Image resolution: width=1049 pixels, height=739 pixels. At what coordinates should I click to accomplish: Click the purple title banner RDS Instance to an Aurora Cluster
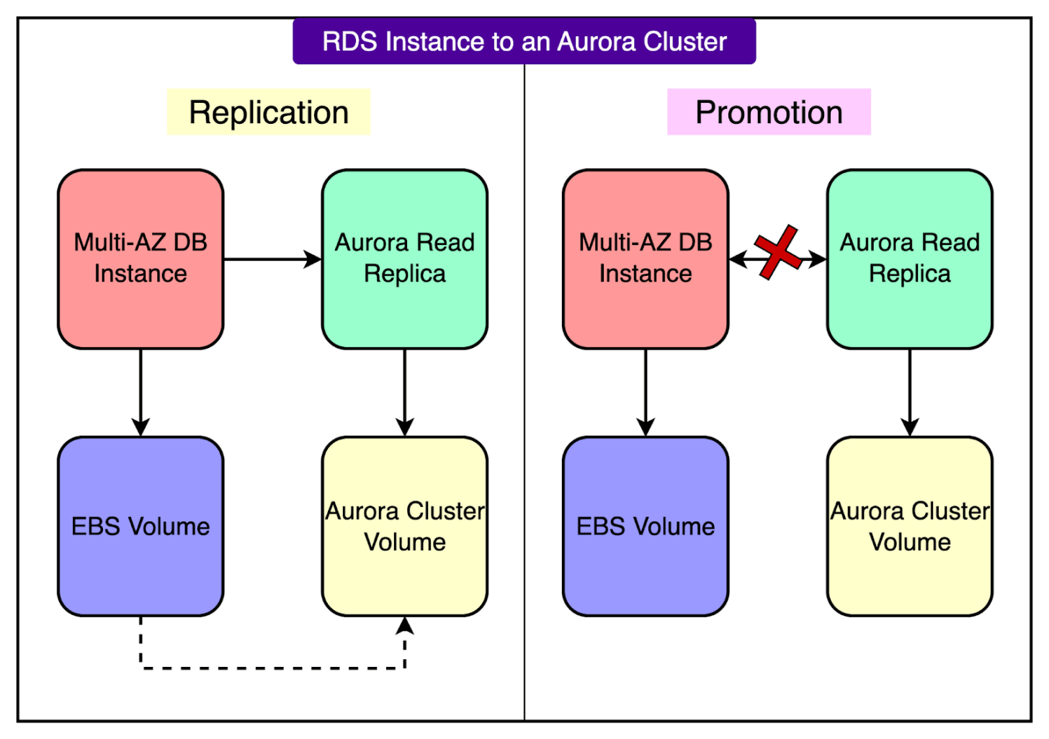(x=524, y=42)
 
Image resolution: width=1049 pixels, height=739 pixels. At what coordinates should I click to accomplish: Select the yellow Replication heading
(x=269, y=112)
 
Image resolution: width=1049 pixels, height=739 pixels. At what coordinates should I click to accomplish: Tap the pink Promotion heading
(x=769, y=112)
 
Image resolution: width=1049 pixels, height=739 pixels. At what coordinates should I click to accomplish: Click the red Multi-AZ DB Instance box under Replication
(x=140, y=259)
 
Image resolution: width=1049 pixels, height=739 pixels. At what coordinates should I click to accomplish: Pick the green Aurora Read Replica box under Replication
(x=405, y=259)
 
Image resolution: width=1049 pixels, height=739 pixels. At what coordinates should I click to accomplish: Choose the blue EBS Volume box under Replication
(x=140, y=527)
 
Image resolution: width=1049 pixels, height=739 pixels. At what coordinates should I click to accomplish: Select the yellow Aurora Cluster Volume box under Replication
(x=405, y=527)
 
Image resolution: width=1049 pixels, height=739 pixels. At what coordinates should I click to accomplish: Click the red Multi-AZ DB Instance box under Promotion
(x=646, y=259)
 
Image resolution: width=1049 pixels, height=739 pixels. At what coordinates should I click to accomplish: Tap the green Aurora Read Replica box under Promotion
(x=910, y=259)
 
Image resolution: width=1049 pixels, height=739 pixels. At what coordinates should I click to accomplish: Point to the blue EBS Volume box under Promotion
(x=646, y=527)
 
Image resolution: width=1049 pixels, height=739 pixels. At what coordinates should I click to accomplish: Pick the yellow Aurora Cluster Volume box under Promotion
(x=910, y=527)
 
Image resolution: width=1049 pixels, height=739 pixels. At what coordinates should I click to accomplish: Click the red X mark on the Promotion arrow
(x=777, y=252)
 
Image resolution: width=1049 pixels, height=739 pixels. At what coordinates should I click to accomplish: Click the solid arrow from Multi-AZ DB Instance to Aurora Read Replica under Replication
(x=272, y=259)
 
